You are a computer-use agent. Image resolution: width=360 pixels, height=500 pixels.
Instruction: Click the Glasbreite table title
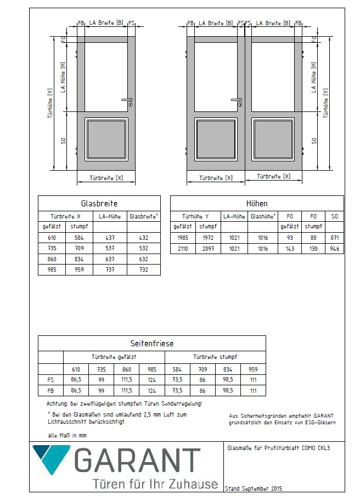tap(99, 203)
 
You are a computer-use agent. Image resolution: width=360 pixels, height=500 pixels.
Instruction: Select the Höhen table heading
tap(257, 203)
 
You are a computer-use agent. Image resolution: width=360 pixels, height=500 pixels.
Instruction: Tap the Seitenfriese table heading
tap(151, 344)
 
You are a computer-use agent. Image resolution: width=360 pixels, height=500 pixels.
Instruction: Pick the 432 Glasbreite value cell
tap(144, 238)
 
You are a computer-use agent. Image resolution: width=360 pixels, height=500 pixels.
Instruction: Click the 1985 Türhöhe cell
tap(183, 238)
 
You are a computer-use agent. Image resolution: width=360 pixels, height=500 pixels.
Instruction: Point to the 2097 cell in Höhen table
tap(208, 249)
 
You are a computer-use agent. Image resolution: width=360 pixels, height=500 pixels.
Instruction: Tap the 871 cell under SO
tap(335, 238)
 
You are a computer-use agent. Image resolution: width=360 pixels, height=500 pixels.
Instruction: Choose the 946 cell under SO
tap(335, 249)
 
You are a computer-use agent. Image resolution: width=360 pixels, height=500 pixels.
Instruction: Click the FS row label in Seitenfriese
tap(51, 380)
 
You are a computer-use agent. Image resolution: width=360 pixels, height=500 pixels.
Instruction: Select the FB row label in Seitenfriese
tap(51, 391)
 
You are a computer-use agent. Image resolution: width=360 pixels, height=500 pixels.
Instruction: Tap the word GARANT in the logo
tap(137, 461)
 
